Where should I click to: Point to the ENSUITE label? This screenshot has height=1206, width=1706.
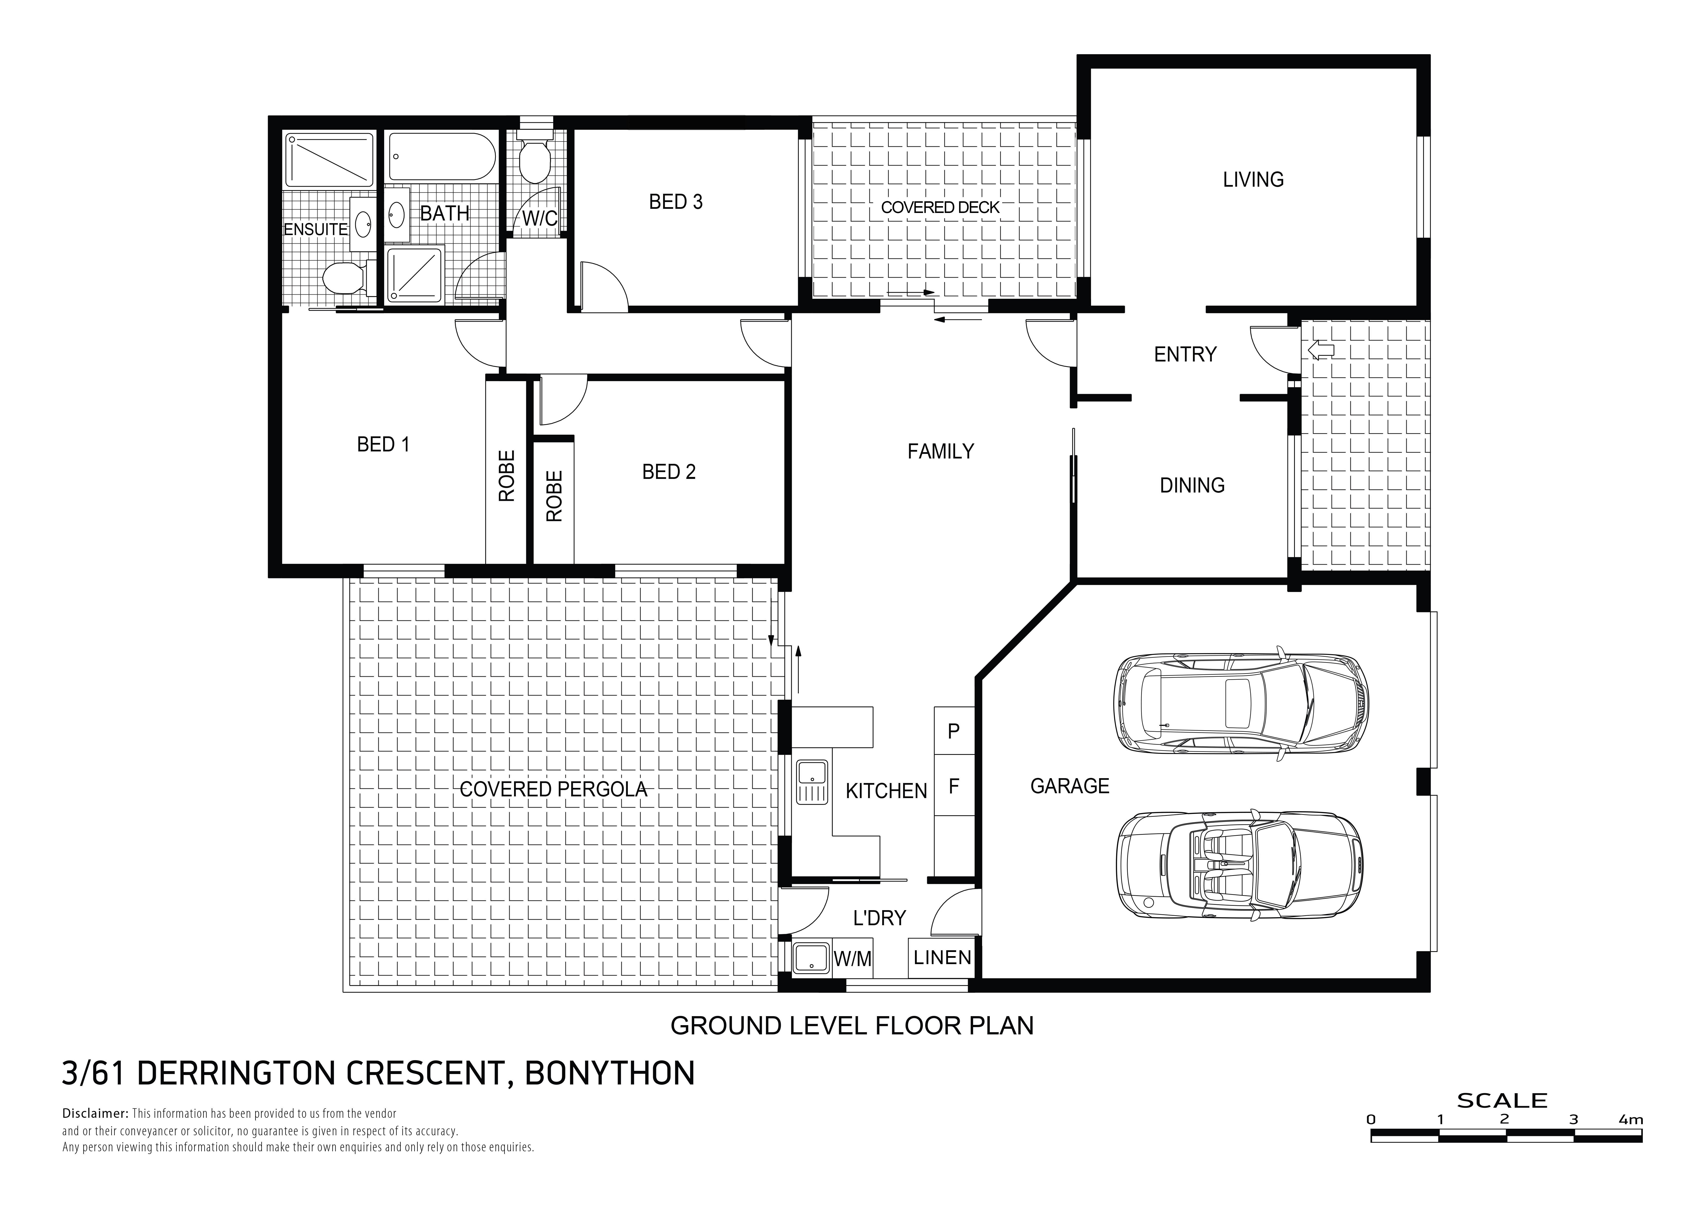316,230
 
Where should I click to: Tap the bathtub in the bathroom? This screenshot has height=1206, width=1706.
441,157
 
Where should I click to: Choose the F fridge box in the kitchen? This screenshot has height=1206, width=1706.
954,785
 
